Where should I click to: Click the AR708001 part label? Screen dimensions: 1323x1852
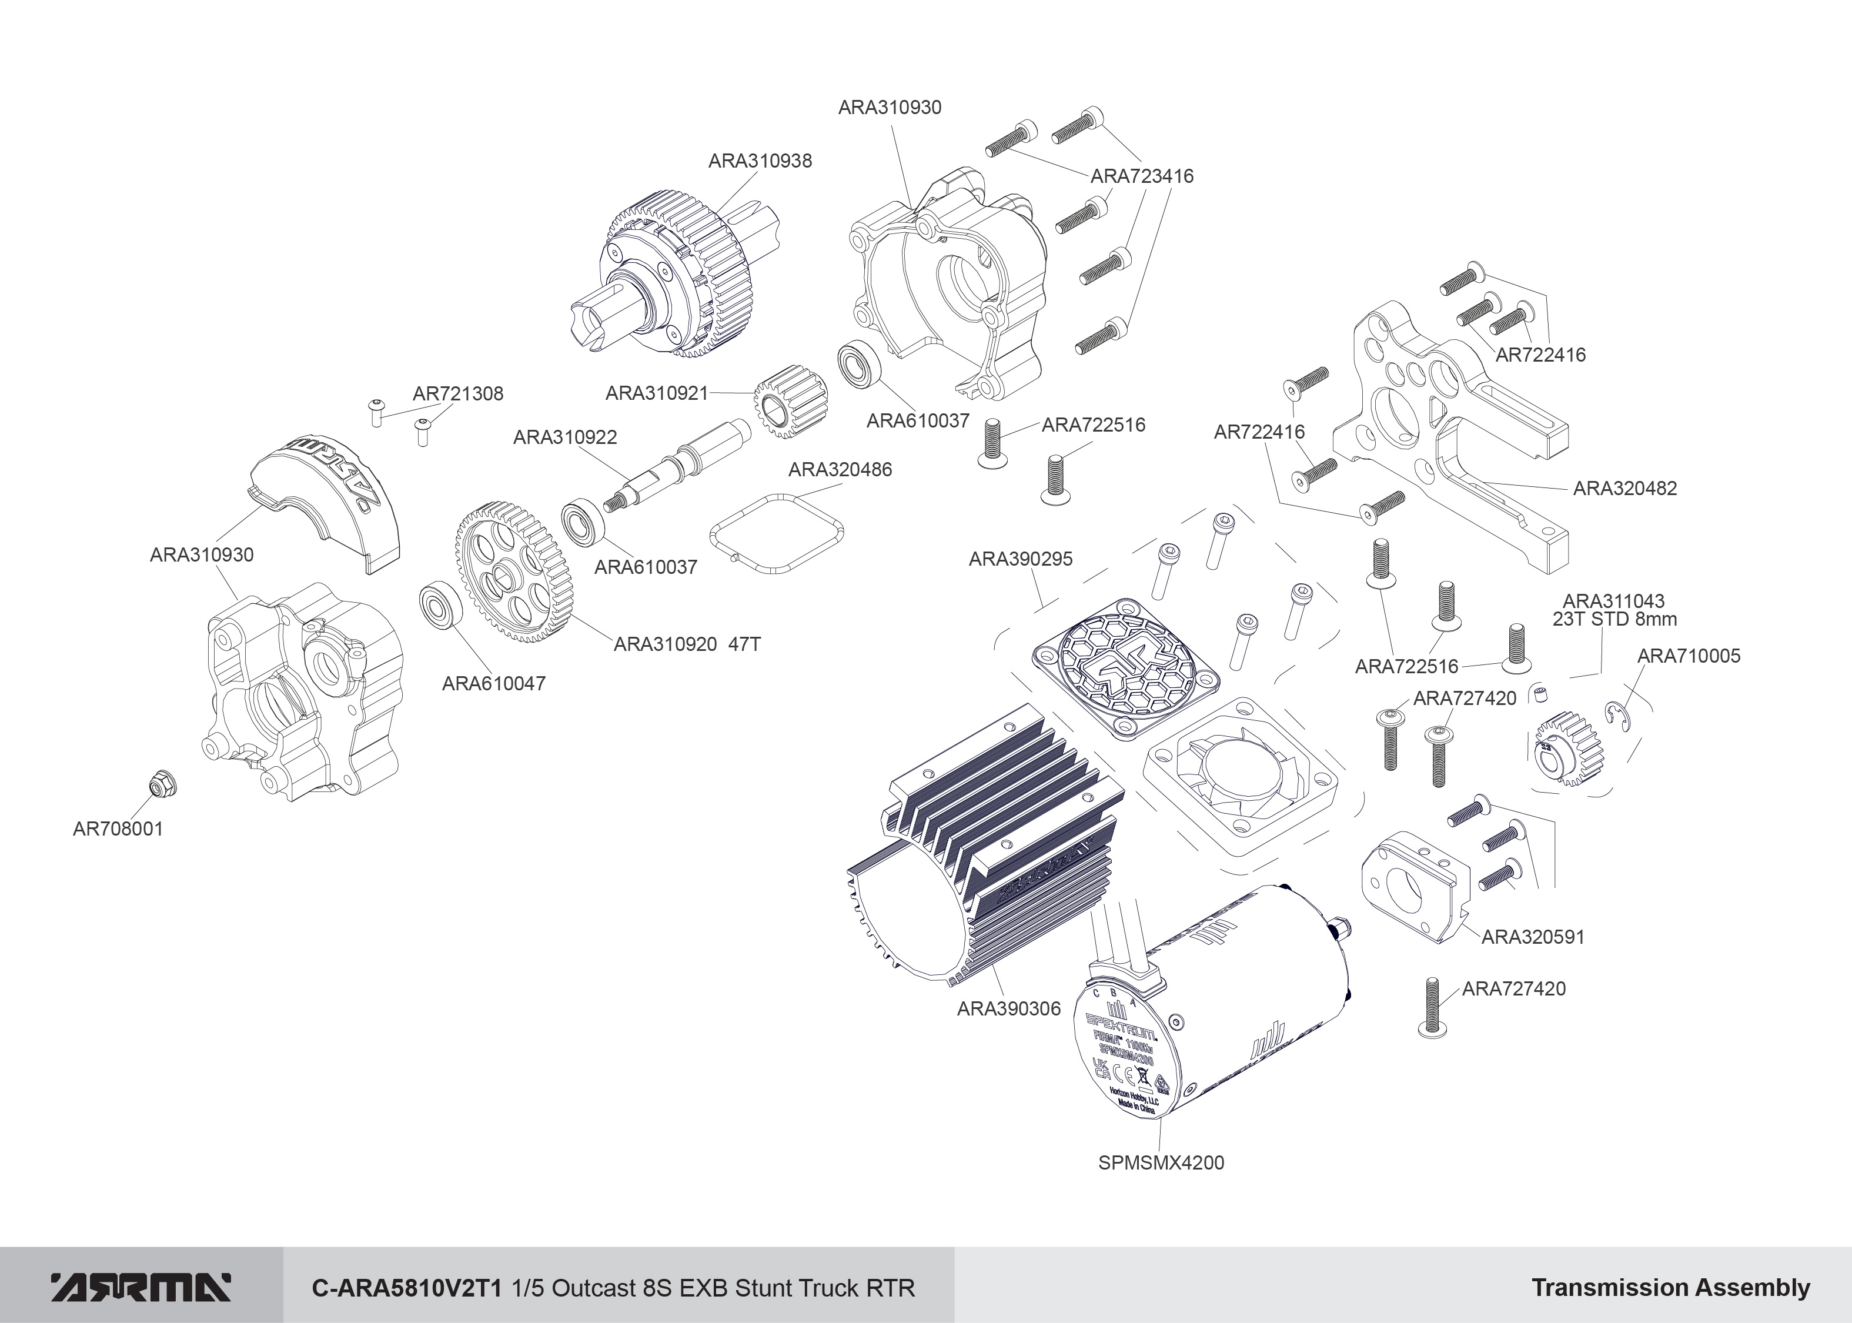click(118, 828)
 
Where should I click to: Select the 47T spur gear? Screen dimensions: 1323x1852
click(514, 575)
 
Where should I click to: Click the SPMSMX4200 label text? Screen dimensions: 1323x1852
click(1161, 1162)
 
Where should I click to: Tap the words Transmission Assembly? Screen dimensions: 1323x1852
click(1670, 1288)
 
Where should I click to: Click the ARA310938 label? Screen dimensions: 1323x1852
click(760, 161)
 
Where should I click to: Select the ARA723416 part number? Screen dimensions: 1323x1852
click(1142, 176)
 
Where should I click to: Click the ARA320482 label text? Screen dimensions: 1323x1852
click(1625, 488)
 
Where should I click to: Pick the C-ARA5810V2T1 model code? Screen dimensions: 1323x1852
click(408, 1288)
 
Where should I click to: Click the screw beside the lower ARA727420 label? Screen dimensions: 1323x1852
click(1433, 1008)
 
